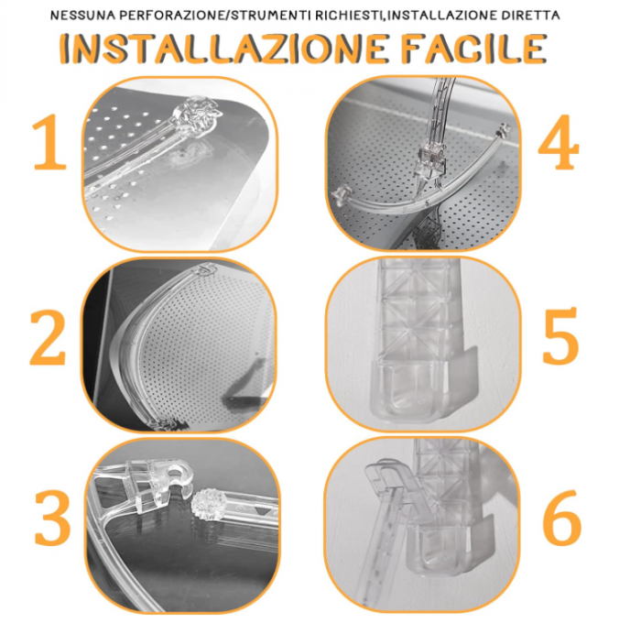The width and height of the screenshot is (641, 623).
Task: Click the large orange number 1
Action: [49, 144]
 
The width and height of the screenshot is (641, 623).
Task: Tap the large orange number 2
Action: [48, 339]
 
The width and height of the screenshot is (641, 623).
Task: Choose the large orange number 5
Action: [560, 339]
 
